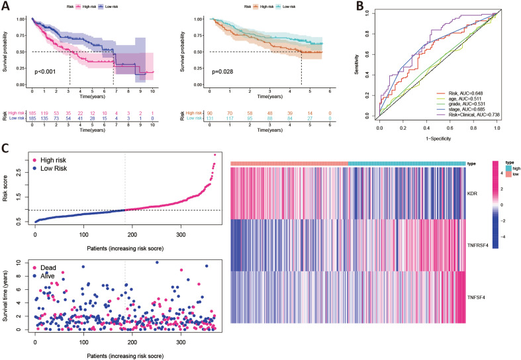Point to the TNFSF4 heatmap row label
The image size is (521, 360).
[476, 296]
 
